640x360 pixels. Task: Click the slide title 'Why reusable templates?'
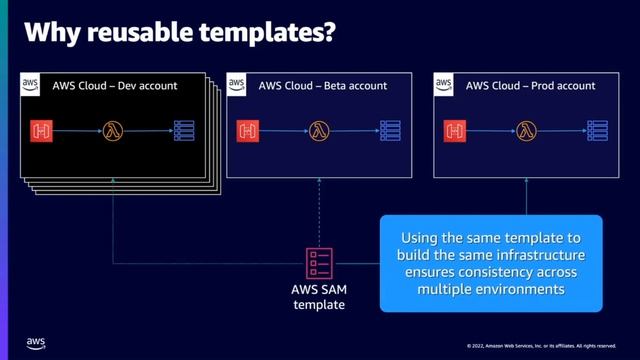click(x=178, y=34)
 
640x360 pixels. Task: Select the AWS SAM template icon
click(x=319, y=261)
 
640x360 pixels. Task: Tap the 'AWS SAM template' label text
click(x=319, y=298)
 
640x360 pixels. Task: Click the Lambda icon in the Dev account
click(x=114, y=130)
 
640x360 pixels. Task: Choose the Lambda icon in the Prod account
click(x=526, y=130)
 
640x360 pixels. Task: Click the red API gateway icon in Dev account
click(x=41, y=130)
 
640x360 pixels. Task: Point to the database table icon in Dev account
click(x=184, y=130)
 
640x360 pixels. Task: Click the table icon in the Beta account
click(x=390, y=130)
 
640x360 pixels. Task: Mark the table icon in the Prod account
click(x=596, y=130)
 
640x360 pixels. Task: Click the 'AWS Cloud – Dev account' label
click(x=114, y=86)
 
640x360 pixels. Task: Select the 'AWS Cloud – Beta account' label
click(x=320, y=86)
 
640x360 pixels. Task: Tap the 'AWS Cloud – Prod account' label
click(x=526, y=86)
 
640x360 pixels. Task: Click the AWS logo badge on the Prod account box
click(x=444, y=85)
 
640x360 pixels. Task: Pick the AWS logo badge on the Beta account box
click(x=238, y=85)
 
